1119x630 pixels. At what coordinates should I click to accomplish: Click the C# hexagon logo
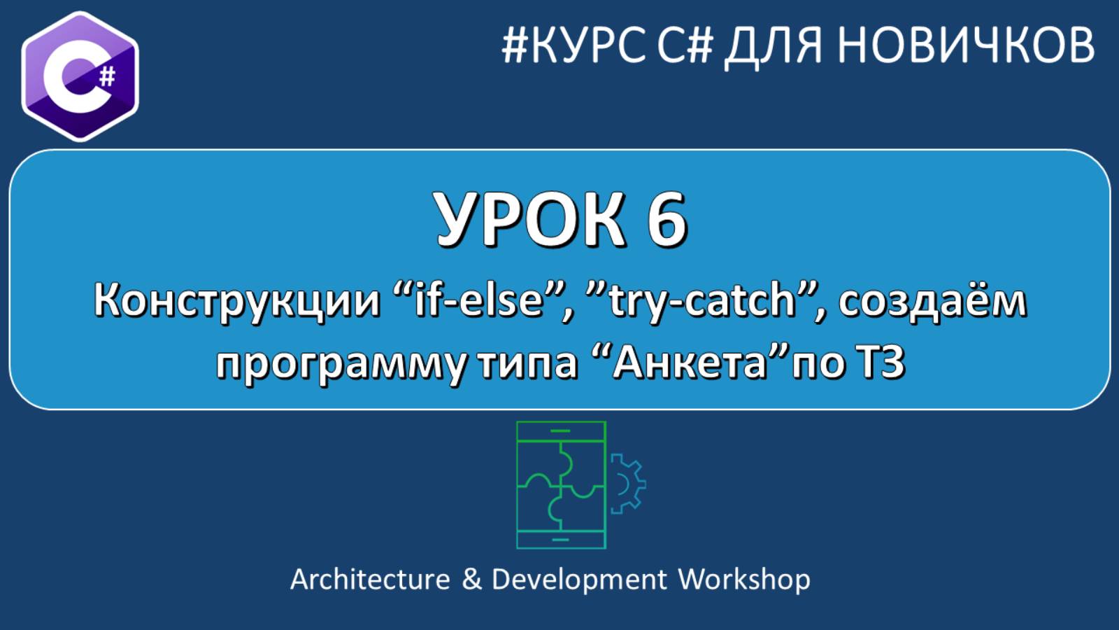click(79, 76)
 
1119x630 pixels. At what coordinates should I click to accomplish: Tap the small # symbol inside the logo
click(107, 75)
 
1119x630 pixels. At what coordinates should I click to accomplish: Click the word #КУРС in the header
click(573, 45)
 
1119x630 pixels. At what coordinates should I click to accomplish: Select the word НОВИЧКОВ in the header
click(966, 45)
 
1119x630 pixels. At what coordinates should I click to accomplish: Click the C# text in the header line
click(685, 45)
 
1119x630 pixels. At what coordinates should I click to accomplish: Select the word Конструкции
click(236, 301)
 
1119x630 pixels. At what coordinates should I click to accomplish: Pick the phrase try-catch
click(702, 301)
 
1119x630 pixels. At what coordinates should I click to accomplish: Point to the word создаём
click(932, 301)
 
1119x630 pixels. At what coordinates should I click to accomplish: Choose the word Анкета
click(690, 363)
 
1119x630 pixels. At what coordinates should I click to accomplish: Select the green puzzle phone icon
click(561, 484)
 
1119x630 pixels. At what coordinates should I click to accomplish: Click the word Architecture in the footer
click(370, 580)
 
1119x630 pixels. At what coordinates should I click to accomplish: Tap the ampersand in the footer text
click(472, 580)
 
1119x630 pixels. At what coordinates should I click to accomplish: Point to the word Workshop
click(744, 580)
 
